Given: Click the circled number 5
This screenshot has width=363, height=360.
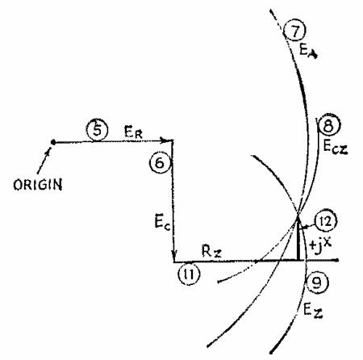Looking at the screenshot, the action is coord(97,131).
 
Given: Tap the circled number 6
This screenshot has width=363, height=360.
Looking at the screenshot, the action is coord(161,163).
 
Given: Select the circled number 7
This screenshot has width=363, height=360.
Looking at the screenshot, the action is coord(295,31).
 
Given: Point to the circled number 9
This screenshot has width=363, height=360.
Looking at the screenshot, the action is coord(317,283).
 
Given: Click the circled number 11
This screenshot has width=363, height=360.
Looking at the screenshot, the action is coord(190,274).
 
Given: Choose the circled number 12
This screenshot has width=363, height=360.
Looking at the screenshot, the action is coord(326,221).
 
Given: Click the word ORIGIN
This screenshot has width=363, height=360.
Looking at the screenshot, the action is coord(38,185).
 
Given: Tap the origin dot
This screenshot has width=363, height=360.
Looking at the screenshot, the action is coord(53,142).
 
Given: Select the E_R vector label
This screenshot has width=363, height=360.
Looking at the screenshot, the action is coord(133,132).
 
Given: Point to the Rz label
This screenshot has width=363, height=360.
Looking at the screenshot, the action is coord(211,252).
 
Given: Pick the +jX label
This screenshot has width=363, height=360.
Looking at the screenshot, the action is coord(320,245).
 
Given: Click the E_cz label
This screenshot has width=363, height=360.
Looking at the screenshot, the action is coord(336,147).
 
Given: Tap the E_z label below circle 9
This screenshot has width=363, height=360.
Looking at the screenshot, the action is coord(313,311).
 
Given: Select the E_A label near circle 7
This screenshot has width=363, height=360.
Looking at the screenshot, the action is coord(308,51).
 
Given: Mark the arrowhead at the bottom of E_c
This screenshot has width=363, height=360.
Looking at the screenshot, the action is coord(175,256).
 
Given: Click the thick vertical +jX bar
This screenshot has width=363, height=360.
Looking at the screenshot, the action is coord(298,241).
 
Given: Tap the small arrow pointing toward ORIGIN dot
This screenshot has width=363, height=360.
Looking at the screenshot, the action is coord(44,161).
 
